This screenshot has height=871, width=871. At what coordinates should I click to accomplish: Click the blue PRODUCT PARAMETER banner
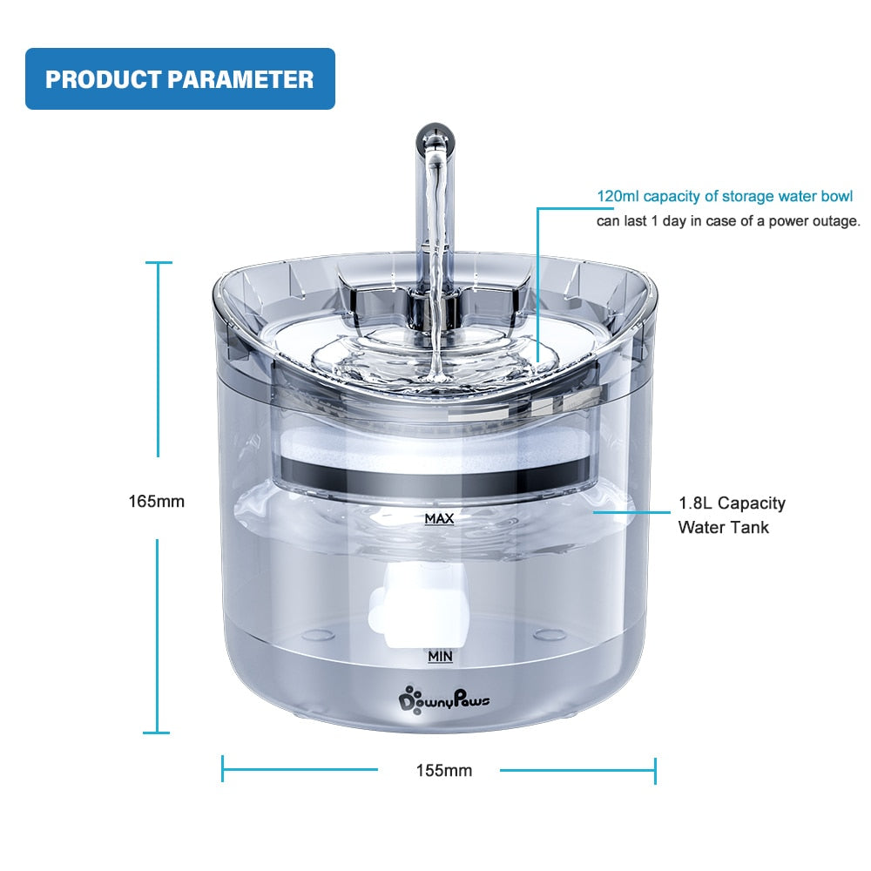(180, 79)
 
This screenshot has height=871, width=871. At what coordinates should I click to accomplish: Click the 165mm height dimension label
(157, 502)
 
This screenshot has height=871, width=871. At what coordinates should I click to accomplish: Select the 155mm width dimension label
(444, 771)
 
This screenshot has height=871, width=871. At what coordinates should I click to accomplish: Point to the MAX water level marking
(439, 519)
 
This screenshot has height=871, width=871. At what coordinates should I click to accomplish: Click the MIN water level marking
(440, 657)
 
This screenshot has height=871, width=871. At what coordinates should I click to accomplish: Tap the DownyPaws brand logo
(444, 699)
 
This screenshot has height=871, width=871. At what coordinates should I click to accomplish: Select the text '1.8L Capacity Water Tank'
(732, 515)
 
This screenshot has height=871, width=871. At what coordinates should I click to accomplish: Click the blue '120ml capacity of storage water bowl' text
(725, 196)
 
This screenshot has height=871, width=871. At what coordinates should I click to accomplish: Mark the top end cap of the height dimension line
(159, 263)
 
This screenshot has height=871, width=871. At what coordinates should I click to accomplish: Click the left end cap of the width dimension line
(223, 769)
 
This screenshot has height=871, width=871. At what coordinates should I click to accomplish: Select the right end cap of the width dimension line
(656, 770)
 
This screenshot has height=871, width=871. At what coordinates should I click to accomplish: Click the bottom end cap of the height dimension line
(157, 733)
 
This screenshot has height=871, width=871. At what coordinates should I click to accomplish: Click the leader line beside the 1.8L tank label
(631, 512)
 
